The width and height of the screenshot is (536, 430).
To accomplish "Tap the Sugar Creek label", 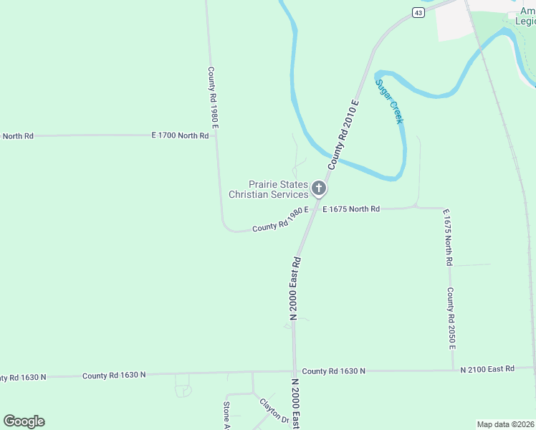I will (390, 100).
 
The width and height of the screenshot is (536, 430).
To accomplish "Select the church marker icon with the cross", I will (319, 189).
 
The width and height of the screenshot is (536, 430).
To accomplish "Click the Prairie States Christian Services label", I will (269, 189).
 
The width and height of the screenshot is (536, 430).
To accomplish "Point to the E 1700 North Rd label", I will (180, 135).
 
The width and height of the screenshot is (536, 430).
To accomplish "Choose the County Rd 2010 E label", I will (343, 134).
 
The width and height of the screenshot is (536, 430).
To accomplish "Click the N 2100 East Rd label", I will (487, 368).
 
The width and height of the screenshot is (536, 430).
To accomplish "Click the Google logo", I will (24, 421).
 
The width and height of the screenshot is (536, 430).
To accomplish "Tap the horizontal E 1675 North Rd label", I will (351, 209).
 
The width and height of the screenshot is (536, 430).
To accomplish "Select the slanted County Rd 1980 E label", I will (280, 219).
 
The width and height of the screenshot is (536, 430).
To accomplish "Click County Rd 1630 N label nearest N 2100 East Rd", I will (333, 371).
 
